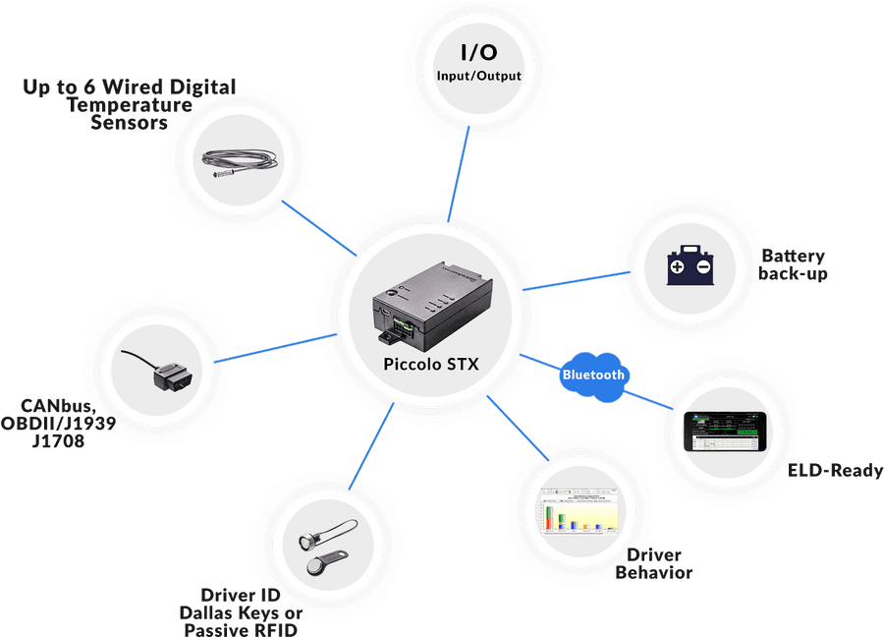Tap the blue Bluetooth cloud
point(593,375)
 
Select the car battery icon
point(691,264)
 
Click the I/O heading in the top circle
point(479,52)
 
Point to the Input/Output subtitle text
point(479,76)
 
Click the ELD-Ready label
point(836,471)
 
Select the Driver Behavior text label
point(653,564)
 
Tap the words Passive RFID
point(242,628)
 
